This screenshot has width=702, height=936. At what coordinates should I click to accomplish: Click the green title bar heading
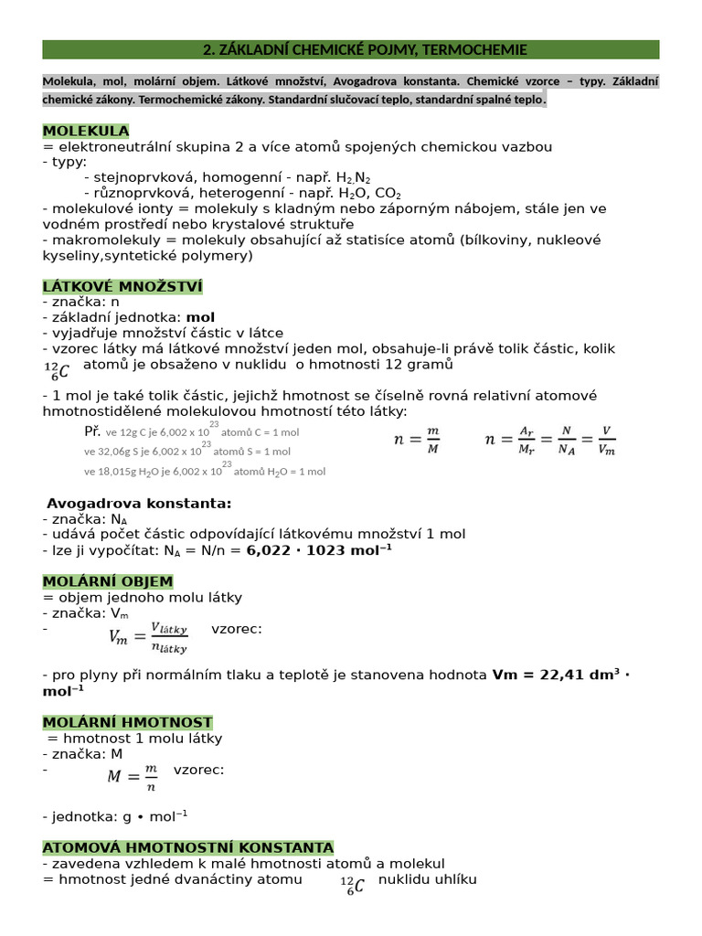(x=351, y=49)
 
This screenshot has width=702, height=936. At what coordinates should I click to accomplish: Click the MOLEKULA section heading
(x=86, y=131)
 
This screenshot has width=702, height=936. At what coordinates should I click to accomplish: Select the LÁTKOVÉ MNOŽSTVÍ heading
(x=122, y=287)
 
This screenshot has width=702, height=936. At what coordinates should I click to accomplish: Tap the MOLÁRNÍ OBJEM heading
(x=108, y=581)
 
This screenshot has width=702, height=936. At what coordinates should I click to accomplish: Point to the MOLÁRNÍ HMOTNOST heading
(x=127, y=722)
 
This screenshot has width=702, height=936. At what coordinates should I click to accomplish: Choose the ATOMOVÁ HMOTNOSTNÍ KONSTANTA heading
(x=188, y=847)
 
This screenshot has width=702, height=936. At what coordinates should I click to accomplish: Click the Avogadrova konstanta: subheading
(x=139, y=504)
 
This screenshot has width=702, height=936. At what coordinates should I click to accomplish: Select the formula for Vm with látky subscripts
(x=148, y=637)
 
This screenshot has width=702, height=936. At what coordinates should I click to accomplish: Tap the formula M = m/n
(x=133, y=776)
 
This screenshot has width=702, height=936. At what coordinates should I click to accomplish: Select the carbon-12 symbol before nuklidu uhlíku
(x=351, y=886)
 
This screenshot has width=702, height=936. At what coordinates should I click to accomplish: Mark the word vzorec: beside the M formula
(x=198, y=770)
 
